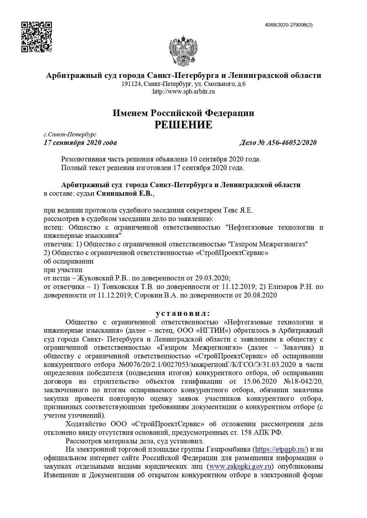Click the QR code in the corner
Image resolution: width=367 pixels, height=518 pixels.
pos(36,37)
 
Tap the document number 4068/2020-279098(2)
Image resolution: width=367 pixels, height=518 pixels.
pos(289,25)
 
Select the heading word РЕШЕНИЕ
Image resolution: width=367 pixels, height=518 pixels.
pos(183,125)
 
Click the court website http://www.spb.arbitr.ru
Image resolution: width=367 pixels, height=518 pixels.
pos(183,92)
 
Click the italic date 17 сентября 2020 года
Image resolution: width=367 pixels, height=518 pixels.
pos(80,143)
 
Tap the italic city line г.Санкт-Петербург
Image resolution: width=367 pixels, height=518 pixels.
pos(70,134)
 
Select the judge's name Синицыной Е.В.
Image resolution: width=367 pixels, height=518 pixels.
pos(125,194)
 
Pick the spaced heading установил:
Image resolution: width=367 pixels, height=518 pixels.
pos(183,314)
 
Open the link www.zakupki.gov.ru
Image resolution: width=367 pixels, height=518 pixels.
pos(240,466)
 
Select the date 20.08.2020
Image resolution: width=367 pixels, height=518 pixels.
pos(262,295)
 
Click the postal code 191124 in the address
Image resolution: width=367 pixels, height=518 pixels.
pos(131,84)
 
